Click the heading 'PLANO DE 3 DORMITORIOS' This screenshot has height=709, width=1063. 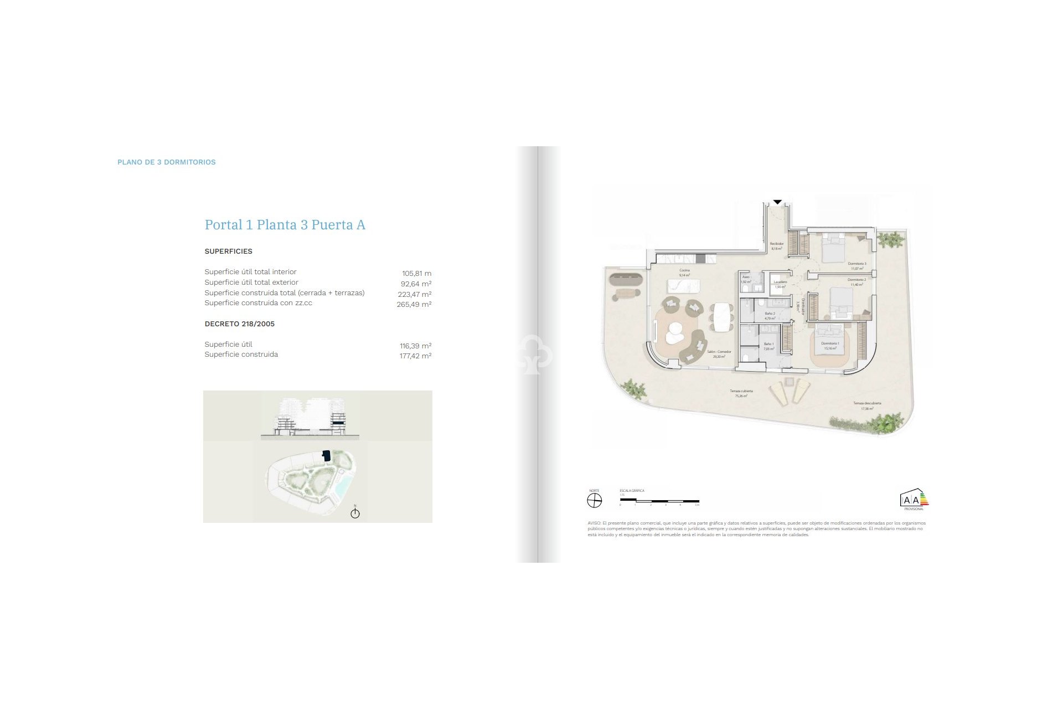(x=167, y=162)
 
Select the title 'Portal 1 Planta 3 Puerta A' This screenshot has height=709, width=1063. (x=285, y=225)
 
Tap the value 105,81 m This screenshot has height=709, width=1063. (x=416, y=273)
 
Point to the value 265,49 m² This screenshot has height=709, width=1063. (x=414, y=304)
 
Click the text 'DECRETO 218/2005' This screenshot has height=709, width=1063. (x=239, y=324)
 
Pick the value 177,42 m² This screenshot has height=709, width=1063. (x=415, y=356)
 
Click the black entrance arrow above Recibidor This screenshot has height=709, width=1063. (x=777, y=202)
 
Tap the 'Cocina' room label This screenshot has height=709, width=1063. (x=684, y=270)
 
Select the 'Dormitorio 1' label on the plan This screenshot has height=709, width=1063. (x=830, y=343)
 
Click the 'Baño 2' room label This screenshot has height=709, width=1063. (x=770, y=314)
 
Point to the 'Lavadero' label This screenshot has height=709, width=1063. (x=780, y=282)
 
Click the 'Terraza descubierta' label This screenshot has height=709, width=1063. (x=867, y=403)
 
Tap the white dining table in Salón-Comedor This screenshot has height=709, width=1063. (x=721, y=316)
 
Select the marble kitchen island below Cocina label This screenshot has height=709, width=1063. (x=684, y=286)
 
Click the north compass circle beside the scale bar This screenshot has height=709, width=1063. (x=594, y=501)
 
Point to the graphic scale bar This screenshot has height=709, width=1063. (x=659, y=501)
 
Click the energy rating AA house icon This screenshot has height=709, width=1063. (x=914, y=499)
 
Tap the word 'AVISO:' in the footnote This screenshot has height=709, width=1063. (x=594, y=523)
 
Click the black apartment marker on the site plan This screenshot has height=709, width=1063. (x=326, y=456)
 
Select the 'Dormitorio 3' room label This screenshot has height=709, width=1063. (x=856, y=264)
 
